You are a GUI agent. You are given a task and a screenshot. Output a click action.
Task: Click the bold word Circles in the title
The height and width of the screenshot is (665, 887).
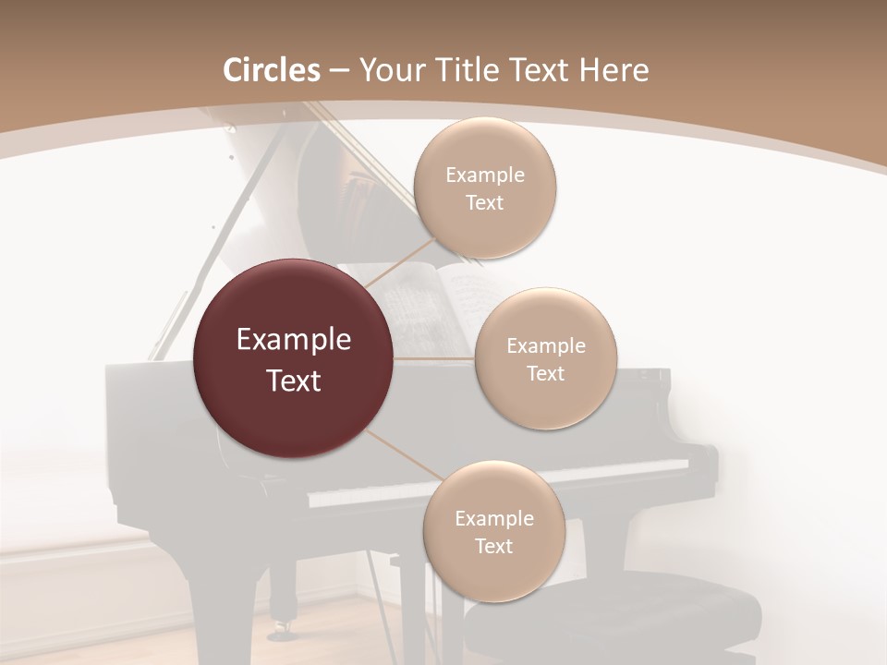(x=272, y=70)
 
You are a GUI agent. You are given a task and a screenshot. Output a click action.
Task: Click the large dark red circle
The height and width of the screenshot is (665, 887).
(x=294, y=358)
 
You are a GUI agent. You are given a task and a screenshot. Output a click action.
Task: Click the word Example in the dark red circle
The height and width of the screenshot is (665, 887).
(x=294, y=340)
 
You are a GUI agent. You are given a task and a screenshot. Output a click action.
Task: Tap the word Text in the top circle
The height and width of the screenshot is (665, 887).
(x=484, y=203)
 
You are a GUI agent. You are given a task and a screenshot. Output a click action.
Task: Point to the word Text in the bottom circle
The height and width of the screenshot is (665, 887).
(x=493, y=547)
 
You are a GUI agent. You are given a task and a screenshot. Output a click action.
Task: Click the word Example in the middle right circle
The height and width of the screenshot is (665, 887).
(x=545, y=346)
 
